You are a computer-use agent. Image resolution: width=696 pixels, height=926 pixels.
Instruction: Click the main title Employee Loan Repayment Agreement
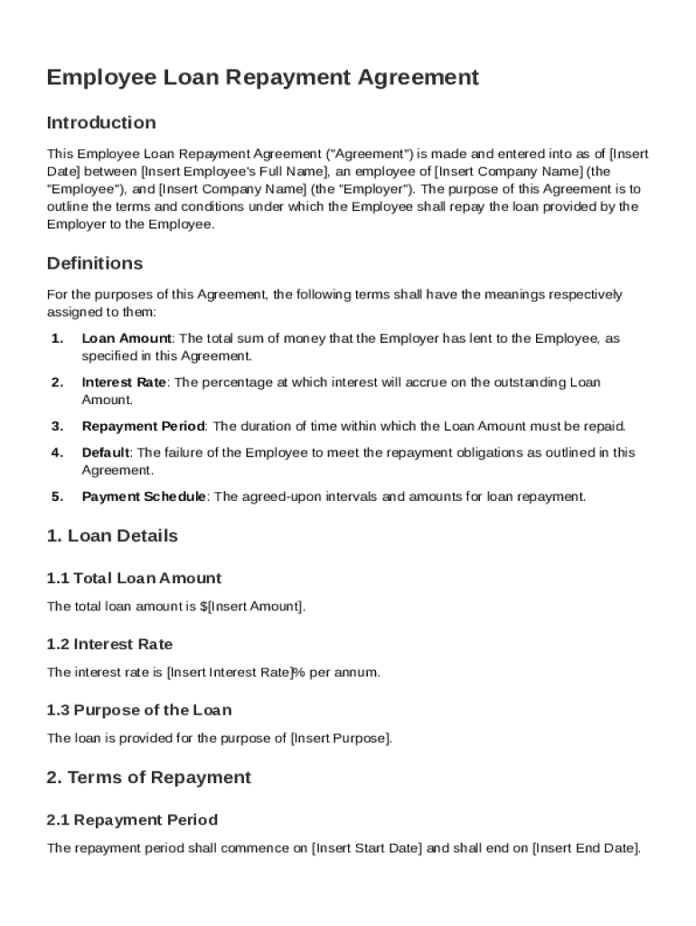click(x=262, y=78)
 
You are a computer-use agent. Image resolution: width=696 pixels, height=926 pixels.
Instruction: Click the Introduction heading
click(x=101, y=122)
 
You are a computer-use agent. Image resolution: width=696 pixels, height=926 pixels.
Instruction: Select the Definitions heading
click(x=95, y=263)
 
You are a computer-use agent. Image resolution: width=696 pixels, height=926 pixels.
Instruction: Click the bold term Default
click(x=106, y=452)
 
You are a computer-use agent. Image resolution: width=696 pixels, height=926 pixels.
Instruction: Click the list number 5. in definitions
click(x=57, y=496)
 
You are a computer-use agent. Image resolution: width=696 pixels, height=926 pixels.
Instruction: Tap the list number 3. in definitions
click(x=57, y=426)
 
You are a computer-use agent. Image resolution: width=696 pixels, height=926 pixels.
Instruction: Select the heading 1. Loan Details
click(x=112, y=535)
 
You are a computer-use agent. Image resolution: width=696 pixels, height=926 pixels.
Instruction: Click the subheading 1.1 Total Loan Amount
click(x=134, y=578)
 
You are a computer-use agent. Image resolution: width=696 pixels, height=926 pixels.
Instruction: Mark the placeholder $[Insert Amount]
click(x=252, y=606)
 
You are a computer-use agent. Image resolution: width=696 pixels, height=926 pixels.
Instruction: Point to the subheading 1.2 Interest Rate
click(x=109, y=644)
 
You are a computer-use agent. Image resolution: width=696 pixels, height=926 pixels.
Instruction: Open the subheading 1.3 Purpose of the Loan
click(x=139, y=710)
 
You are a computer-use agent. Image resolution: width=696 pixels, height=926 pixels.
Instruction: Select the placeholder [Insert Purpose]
click(x=341, y=738)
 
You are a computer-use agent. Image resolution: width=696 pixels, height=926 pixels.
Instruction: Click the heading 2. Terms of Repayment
click(x=149, y=778)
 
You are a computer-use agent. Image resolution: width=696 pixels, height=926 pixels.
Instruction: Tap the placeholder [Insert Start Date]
click(x=366, y=848)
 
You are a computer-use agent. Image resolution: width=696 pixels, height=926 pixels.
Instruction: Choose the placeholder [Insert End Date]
click(x=586, y=848)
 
